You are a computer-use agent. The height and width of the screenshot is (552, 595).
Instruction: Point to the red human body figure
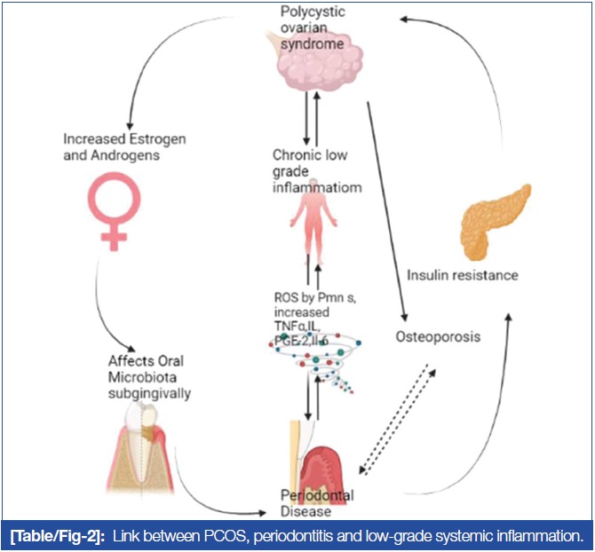(311, 226)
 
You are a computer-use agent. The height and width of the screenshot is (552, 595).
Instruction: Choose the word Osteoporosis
(438, 337)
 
